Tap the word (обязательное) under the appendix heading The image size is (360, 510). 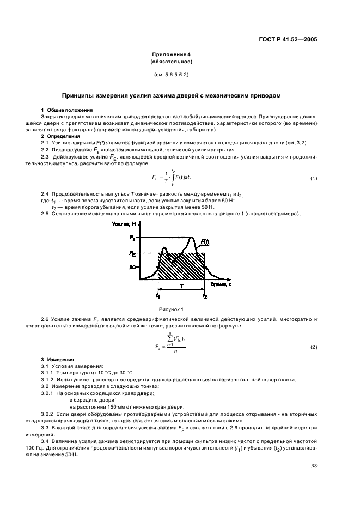tap(171, 62)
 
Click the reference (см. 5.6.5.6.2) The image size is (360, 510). tap(171, 74)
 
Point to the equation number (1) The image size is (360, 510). tap(314, 179)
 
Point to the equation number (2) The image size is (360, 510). tap(314, 347)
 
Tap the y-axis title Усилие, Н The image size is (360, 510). tap(124, 224)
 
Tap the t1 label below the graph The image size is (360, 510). tap(158, 296)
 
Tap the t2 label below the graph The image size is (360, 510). tap(205, 296)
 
